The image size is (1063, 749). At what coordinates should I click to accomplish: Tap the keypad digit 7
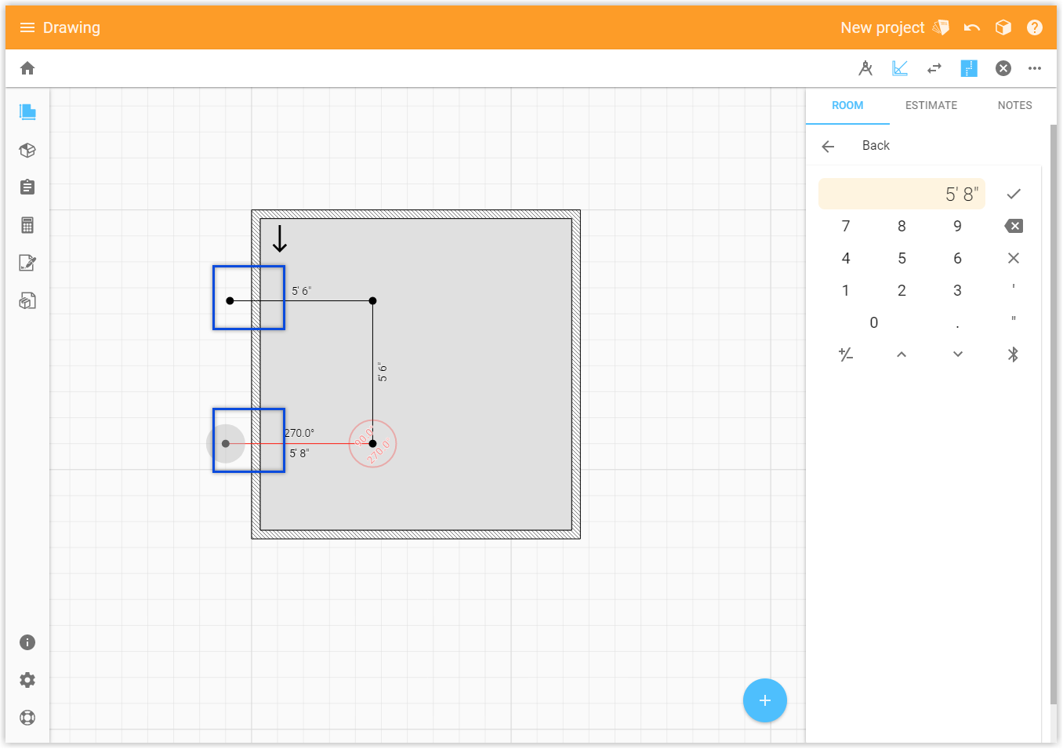(846, 226)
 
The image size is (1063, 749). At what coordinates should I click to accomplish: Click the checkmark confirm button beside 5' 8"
(1013, 194)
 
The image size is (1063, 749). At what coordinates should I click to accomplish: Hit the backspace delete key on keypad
(1013, 226)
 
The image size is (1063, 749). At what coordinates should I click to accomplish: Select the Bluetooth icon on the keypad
(1013, 355)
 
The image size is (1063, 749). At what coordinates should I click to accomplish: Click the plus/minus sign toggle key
(846, 355)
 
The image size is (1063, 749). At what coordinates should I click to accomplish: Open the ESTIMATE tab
(931, 105)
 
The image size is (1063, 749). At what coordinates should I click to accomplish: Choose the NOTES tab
(1014, 105)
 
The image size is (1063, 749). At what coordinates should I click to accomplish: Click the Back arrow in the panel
(828, 146)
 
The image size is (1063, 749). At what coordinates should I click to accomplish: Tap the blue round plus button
(764, 700)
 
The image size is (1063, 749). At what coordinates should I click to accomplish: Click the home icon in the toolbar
(27, 68)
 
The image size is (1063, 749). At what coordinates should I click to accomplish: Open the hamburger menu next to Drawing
(27, 27)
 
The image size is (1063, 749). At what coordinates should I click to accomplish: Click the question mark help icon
(1035, 27)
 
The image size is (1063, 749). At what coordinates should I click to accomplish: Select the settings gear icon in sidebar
(27, 680)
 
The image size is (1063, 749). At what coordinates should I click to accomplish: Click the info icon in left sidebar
(27, 642)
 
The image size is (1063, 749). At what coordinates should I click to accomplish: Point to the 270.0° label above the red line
(299, 433)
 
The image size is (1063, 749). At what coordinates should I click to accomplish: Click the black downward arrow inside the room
(280, 238)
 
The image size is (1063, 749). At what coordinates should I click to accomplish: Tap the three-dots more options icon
(1035, 68)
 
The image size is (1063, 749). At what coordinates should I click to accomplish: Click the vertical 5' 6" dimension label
(383, 372)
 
